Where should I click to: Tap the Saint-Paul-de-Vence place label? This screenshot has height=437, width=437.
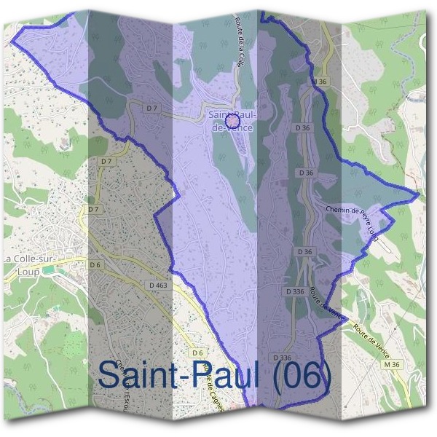[x=230, y=120]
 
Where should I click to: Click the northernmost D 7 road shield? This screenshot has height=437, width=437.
[x=152, y=109]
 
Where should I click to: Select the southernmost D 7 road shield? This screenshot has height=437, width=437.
[x=92, y=210]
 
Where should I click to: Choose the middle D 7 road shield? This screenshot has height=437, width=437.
[x=106, y=161]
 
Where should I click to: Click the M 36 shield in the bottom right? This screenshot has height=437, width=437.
[x=393, y=363]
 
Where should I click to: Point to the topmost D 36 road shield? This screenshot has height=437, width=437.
[x=304, y=127]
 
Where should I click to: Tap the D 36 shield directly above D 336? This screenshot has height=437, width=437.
[x=304, y=251]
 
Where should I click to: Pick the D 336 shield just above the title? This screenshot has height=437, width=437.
[x=282, y=358]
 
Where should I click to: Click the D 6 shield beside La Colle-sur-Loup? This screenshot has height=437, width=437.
[x=95, y=265]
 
